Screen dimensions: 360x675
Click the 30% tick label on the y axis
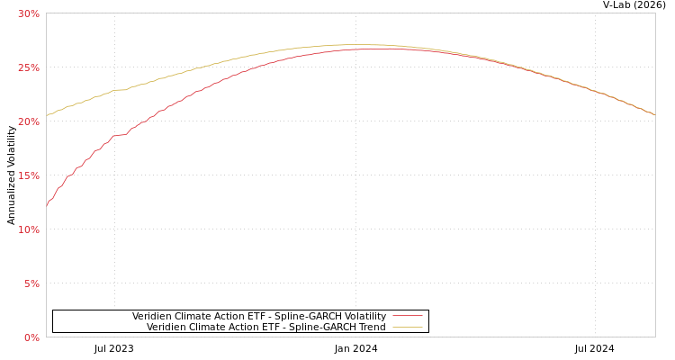tap(29, 13)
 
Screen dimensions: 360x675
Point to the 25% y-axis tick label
tap(29, 67)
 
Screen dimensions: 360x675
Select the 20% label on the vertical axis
tap(29, 121)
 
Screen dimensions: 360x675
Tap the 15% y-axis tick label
tap(29, 175)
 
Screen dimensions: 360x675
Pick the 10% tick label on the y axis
tap(29, 229)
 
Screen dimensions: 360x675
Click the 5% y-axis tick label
tap(31, 283)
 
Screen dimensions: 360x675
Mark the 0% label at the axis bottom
tap(31, 337)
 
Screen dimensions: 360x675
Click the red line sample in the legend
tap(407, 316)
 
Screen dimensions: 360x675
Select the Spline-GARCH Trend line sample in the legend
tap(407, 327)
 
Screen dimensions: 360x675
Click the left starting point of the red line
tap(47, 206)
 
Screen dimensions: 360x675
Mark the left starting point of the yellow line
tap(47, 115)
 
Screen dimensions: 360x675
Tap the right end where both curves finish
tap(654, 114)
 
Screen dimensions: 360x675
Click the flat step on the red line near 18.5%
tap(120, 135)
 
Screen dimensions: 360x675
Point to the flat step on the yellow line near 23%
tap(120, 89)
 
